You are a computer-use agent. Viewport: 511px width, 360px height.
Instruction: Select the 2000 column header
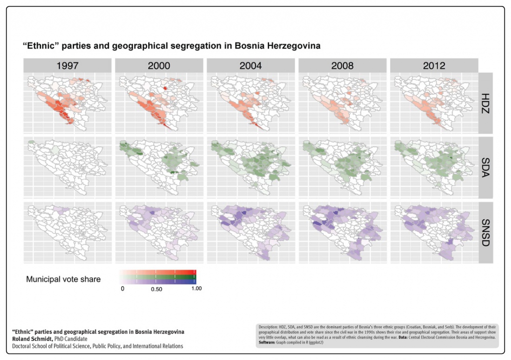click(159, 65)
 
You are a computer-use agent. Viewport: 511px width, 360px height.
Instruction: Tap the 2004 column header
click(251, 65)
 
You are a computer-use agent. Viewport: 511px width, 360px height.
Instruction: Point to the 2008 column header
click(342, 65)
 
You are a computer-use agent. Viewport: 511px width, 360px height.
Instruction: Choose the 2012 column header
click(434, 65)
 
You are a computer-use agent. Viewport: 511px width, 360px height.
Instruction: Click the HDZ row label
click(486, 103)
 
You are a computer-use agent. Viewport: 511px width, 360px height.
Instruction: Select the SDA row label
click(486, 167)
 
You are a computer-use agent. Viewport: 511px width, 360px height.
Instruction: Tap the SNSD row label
click(486, 232)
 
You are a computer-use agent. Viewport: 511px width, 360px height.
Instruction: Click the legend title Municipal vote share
click(63, 279)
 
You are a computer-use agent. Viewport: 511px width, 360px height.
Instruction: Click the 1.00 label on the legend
click(196, 289)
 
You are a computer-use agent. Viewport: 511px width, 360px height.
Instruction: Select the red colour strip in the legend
click(158, 272)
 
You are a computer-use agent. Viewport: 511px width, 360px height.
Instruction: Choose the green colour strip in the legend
click(158, 277)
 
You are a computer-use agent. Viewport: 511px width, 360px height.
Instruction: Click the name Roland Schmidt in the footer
click(31, 339)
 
